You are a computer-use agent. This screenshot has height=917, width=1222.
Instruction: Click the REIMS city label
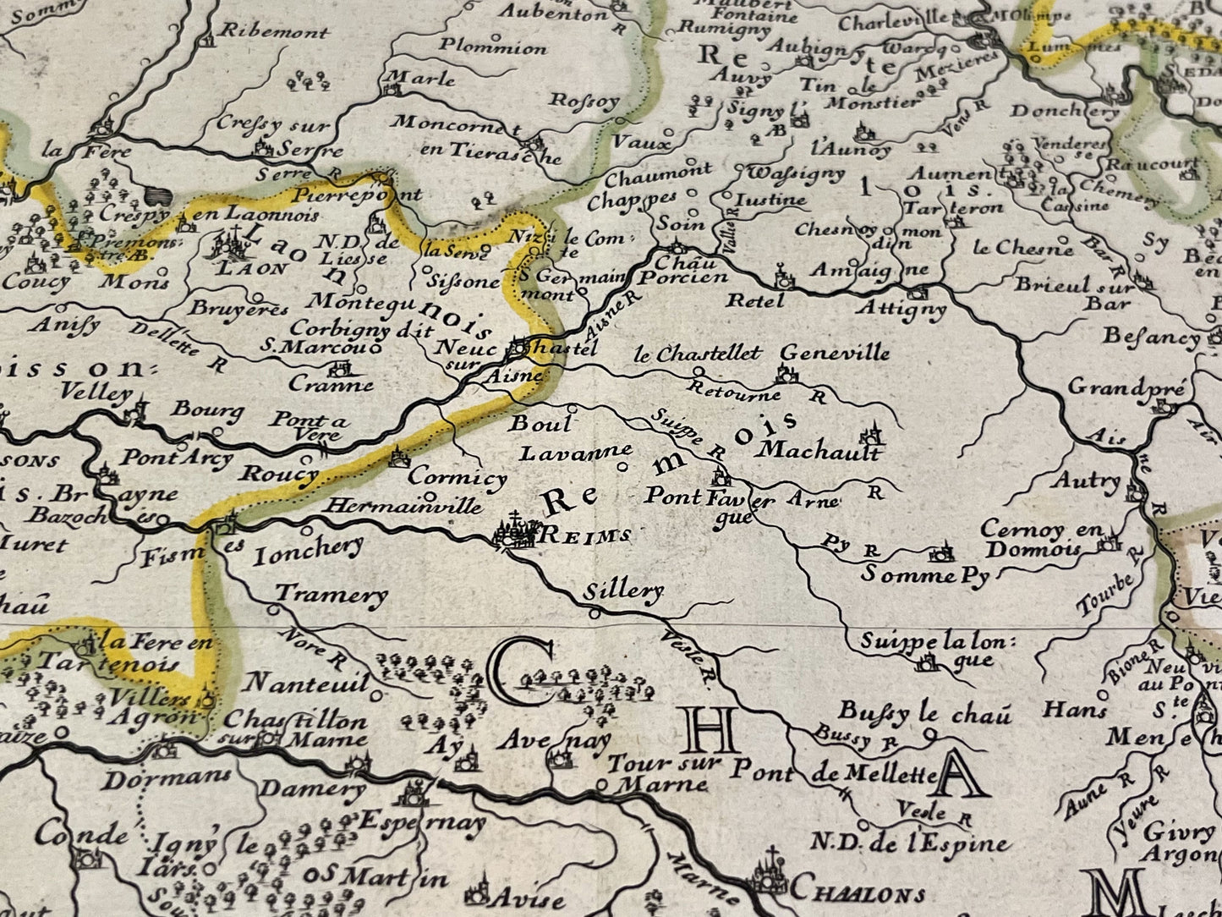584,535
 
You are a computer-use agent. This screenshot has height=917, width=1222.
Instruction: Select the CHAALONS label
855,892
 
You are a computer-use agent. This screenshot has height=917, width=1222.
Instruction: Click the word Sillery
622,590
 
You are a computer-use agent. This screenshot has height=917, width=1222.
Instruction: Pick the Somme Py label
925,575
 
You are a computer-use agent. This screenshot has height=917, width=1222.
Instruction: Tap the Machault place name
819,449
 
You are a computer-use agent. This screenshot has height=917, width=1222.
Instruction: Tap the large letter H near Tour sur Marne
713,730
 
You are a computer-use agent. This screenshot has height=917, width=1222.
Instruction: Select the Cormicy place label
457,477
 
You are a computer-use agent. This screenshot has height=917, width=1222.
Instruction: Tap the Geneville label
834,353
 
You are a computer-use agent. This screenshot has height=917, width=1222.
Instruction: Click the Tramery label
331,595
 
